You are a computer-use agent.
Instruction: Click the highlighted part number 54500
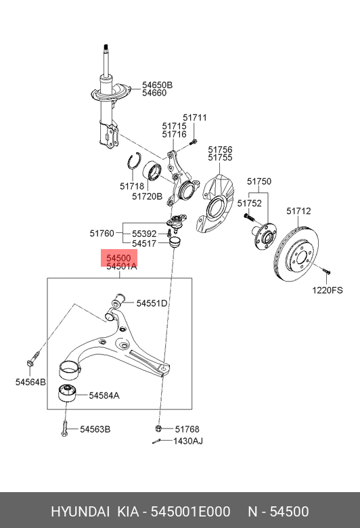[x=118, y=258]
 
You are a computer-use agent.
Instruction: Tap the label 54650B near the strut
[x=157, y=85]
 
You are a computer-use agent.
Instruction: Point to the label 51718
[x=132, y=185]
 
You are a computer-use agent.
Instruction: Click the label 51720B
[x=147, y=196]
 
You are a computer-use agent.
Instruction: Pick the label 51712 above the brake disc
[x=298, y=211]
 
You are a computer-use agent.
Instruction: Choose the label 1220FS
[x=328, y=290]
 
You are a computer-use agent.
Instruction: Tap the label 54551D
[x=152, y=303]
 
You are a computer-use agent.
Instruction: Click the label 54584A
[x=104, y=395]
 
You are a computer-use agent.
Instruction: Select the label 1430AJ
[x=188, y=441]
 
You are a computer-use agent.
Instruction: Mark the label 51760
[x=103, y=234]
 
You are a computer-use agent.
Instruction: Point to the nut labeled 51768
[x=158, y=428]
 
